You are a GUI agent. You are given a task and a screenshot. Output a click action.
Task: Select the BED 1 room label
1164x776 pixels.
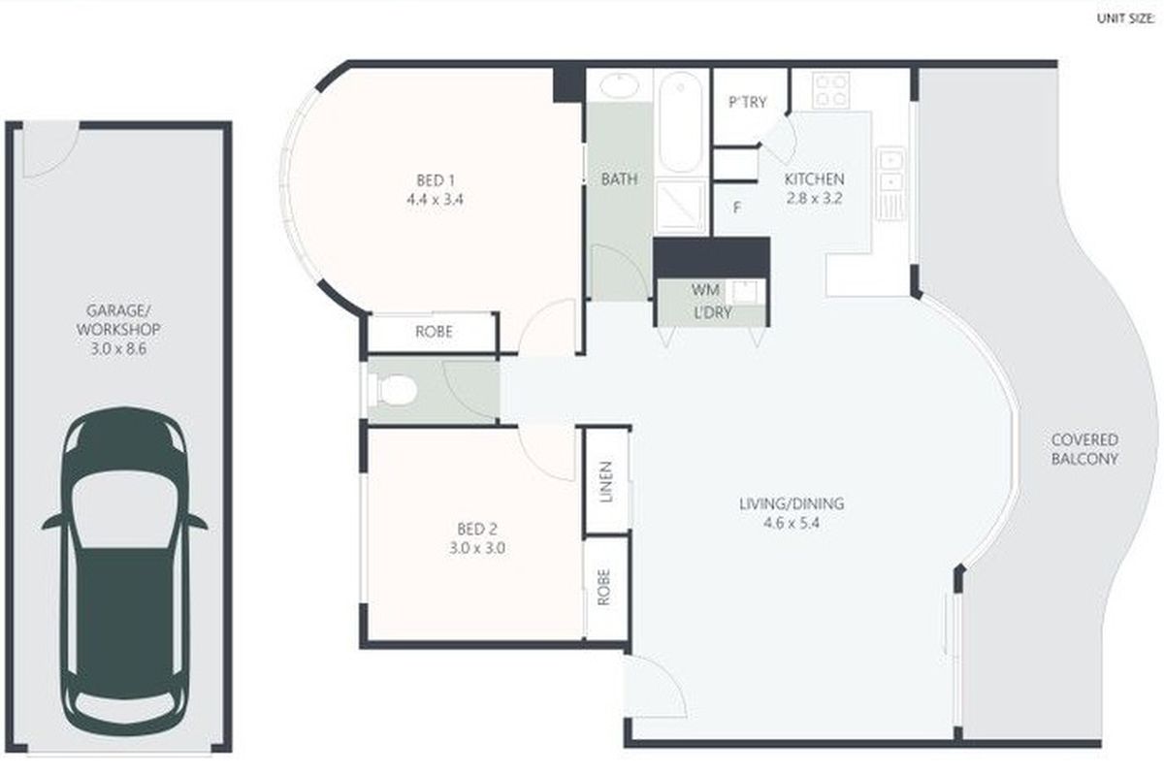click(x=436, y=179)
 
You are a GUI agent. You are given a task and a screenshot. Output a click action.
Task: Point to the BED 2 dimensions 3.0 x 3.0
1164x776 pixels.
click(x=477, y=547)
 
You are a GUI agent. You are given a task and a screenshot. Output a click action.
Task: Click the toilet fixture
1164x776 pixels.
click(x=395, y=391)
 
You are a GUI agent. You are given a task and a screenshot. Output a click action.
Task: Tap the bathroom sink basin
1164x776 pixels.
click(x=618, y=86)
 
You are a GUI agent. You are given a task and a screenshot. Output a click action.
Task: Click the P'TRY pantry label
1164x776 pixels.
click(x=747, y=102)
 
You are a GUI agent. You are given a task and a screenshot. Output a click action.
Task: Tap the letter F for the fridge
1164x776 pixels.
click(x=737, y=207)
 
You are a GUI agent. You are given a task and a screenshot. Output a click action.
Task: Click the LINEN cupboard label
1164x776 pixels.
click(x=606, y=481)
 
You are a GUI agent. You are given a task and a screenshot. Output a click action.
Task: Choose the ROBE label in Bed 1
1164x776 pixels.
click(x=434, y=332)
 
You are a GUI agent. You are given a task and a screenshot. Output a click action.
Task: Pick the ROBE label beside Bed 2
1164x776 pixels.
click(x=603, y=587)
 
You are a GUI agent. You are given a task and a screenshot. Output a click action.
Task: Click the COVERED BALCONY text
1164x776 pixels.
click(x=1084, y=449)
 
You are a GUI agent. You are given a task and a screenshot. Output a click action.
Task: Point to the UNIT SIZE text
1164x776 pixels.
click(x=1124, y=17)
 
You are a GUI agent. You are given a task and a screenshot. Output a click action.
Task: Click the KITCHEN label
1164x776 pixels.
click(x=814, y=179)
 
